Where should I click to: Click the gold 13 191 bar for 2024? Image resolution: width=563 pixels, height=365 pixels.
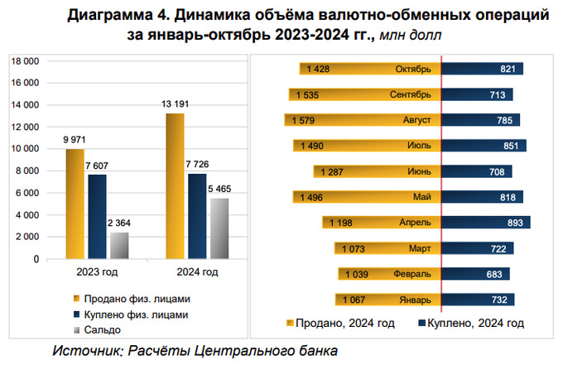175,186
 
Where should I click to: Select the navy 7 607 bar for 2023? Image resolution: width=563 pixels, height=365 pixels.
98,216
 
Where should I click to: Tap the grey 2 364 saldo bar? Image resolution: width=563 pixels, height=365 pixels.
120,245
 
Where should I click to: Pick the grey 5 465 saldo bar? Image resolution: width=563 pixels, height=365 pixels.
219,228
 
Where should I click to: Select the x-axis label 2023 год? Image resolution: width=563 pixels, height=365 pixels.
98,271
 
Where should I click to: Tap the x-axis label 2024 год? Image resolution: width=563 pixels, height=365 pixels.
197,271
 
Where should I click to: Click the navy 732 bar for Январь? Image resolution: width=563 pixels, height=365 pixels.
479,300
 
